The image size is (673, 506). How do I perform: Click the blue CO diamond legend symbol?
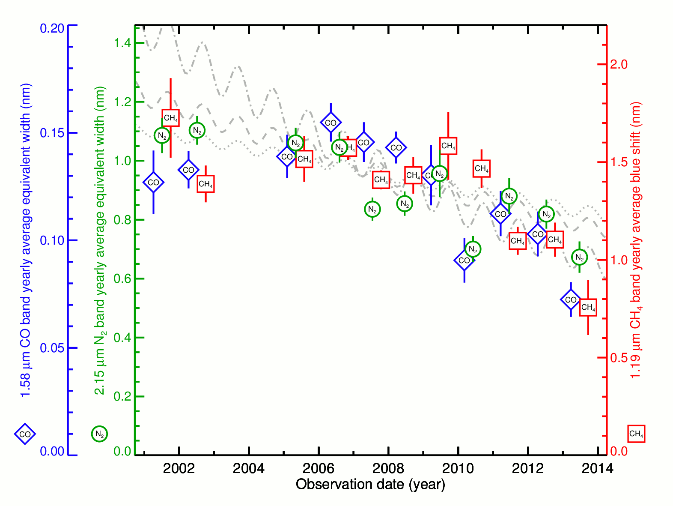coord(25,434)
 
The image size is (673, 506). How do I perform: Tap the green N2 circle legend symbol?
coord(99,434)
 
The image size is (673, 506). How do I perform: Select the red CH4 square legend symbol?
coord(636,434)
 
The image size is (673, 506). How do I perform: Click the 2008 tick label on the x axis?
coord(388,468)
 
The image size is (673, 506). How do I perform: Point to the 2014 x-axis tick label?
coord(597,468)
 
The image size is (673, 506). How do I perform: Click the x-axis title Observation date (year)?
coord(370,485)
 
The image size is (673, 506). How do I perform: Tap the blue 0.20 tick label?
coord(52,28)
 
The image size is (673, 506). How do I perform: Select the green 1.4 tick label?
coord(122,43)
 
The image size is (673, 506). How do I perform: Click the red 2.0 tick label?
coord(619,64)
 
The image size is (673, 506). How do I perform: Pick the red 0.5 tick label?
coord(619,358)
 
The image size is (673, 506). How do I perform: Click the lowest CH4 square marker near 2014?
coord(588,307)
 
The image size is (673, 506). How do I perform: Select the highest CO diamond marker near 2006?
coord(331,123)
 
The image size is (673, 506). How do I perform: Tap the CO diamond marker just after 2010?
coord(465,260)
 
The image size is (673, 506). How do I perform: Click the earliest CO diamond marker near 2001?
coord(153,183)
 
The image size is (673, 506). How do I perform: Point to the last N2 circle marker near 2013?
coord(579,257)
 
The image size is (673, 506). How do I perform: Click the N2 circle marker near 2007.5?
coord(372,210)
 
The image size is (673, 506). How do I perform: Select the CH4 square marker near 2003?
coord(205,184)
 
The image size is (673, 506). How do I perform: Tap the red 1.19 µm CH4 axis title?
coord(636,240)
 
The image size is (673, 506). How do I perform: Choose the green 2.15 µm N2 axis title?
coord(100,240)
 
